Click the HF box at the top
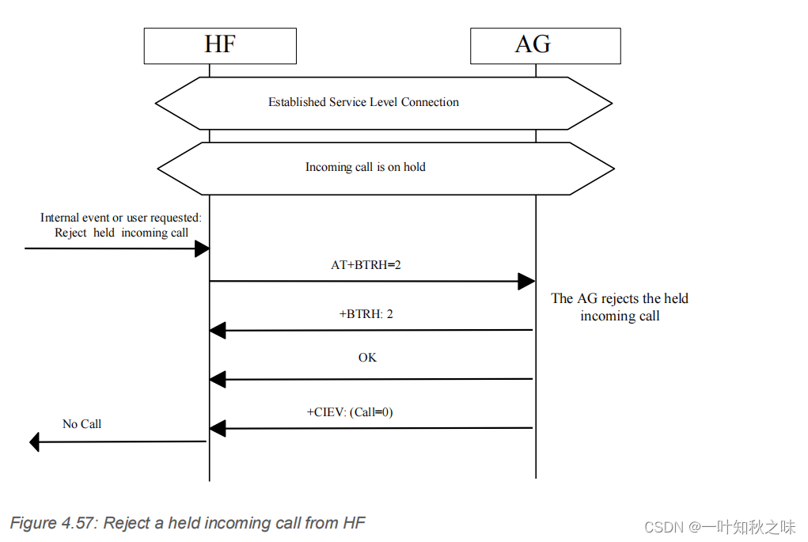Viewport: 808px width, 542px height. click(x=220, y=45)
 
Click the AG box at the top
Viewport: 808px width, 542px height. click(x=545, y=45)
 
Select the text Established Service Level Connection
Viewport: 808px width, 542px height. click(x=363, y=102)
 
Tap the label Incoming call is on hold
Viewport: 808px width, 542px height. click(x=366, y=167)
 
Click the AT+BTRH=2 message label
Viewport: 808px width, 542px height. click(x=366, y=265)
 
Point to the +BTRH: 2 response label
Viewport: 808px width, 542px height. click(x=366, y=314)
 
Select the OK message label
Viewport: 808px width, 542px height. click(x=367, y=358)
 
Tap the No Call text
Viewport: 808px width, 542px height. click(x=82, y=424)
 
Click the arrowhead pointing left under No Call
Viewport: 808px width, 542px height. click(x=34, y=442)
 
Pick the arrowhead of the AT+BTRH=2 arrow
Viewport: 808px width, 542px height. click(x=526, y=281)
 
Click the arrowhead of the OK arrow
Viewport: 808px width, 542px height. click(x=218, y=380)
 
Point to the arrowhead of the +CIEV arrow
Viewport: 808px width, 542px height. click(x=218, y=429)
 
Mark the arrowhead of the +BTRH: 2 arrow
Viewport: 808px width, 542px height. click(x=218, y=331)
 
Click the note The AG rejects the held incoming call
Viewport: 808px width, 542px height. click(x=620, y=307)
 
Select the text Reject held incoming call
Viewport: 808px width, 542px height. click(x=122, y=233)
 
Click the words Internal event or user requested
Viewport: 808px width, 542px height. click(x=121, y=218)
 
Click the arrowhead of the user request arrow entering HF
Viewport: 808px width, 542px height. click(x=201, y=249)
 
